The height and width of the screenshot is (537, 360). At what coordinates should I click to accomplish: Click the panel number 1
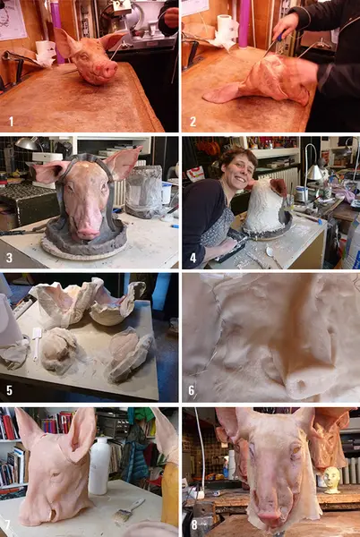tap(11, 122)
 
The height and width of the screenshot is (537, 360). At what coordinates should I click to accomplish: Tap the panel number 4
tap(193, 258)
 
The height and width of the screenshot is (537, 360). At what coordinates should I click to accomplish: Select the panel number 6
tap(192, 390)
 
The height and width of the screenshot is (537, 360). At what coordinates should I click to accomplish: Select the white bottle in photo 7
tap(99, 465)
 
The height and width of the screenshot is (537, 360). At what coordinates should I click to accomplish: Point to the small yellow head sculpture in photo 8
tap(331, 480)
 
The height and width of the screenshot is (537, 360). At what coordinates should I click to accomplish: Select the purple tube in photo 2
tap(244, 23)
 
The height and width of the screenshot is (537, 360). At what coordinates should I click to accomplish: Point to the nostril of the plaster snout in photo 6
tap(302, 381)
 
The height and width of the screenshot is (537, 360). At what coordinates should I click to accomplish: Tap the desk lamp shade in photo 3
tap(27, 143)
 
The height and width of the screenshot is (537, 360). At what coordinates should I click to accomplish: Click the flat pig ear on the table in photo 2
tap(223, 93)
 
